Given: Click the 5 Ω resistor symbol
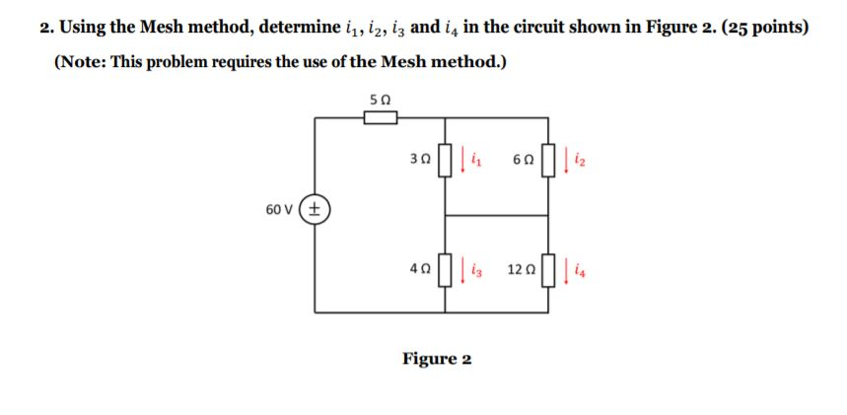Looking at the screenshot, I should (380, 118).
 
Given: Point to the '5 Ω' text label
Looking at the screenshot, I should (380, 100).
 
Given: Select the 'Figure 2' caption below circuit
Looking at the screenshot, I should (436, 358).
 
